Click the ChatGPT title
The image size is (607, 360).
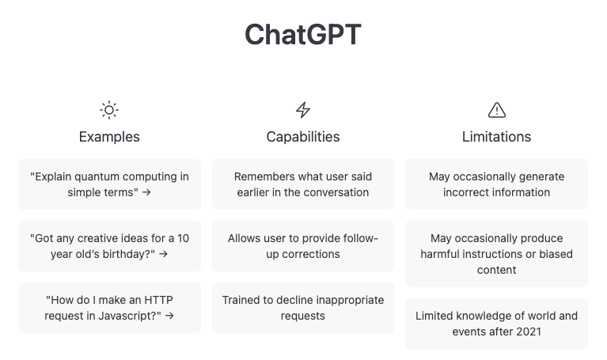pyautogui.click(x=303, y=35)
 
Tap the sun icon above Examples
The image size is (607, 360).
pyautogui.click(x=109, y=110)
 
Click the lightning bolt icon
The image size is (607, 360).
pyautogui.click(x=303, y=110)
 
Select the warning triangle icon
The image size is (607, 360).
pyautogui.click(x=497, y=110)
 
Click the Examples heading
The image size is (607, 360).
pyautogui.click(x=109, y=137)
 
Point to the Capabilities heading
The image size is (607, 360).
pyautogui.click(x=303, y=137)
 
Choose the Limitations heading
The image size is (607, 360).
pyautogui.click(x=497, y=137)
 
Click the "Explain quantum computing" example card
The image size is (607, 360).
pyautogui.click(x=109, y=184)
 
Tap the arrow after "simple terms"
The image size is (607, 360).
pyautogui.click(x=146, y=192)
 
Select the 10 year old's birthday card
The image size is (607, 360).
pyautogui.click(x=109, y=246)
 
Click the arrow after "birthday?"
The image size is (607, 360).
pyautogui.click(x=163, y=254)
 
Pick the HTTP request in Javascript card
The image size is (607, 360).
pyautogui.click(x=109, y=308)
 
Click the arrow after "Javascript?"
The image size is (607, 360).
pyautogui.click(x=169, y=316)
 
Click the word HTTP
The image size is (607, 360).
pyautogui.click(x=158, y=300)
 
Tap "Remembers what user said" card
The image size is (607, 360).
pyautogui.click(x=303, y=184)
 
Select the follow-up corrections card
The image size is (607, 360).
pyautogui.click(x=303, y=246)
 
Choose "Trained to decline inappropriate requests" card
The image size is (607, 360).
pyautogui.click(x=303, y=308)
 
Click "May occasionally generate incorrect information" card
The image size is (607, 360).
pyautogui.click(x=497, y=184)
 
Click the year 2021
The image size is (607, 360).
pyautogui.click(x=529, y=332)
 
